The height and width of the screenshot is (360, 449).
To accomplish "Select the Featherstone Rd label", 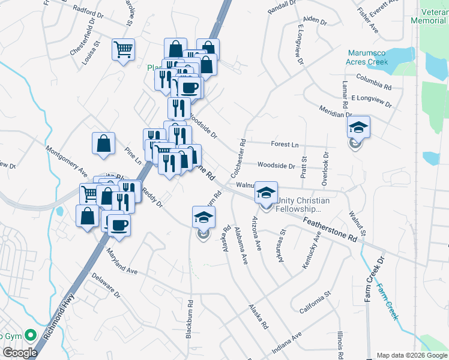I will tap(330, 230).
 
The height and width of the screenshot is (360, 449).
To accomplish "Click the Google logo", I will tap(20, 353).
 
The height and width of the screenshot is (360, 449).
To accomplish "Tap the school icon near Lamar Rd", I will tap(358, 128).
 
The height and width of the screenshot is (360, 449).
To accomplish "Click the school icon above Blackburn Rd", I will tap(203, 217).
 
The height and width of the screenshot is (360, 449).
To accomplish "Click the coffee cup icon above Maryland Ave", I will tap(118, 225).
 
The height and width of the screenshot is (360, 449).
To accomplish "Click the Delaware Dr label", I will tap(106, 287).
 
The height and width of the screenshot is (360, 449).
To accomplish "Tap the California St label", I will tap(315, 303).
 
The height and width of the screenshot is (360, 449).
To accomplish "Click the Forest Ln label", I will tap(285, 145).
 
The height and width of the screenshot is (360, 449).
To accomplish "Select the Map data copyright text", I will tap(411, 355).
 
